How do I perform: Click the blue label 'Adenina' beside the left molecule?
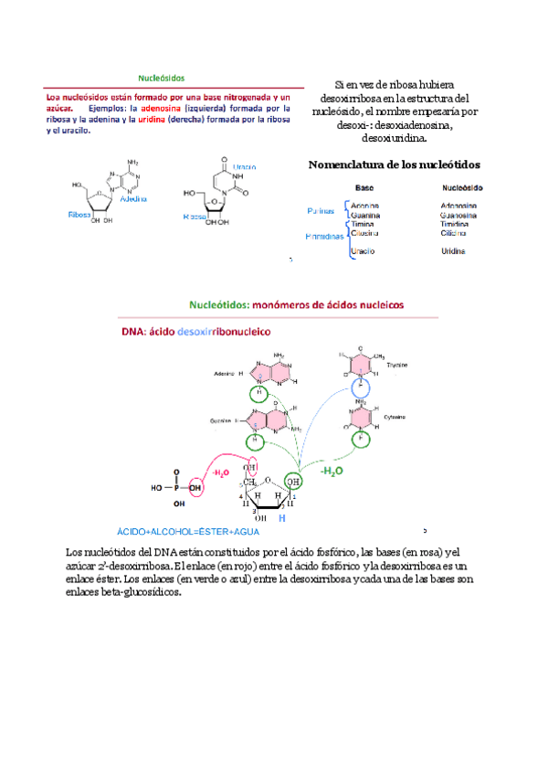[133, 197]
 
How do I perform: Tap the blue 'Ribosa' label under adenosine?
[79, 214]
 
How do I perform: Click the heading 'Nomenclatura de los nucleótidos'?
[395, 165]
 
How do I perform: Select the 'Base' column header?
[364, 187]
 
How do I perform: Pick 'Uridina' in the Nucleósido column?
[454, 250]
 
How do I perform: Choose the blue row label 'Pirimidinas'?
[323, 236]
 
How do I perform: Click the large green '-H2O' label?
[332, 471]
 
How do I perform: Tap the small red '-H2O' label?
[222, 473]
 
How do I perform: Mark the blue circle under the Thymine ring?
[363, 389]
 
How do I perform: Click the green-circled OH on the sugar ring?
[292, 481]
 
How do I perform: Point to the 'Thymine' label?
[396, 365]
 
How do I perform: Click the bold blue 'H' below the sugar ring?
[281, 518]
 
